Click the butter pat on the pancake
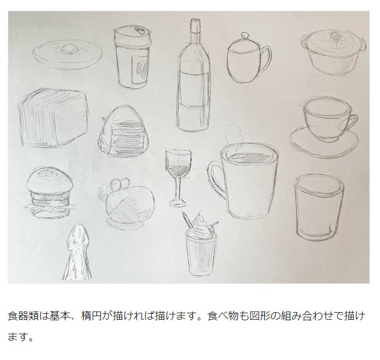(x=69, y=49)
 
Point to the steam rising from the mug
(x=234, y=135)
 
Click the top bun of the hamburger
(x=50, y=180)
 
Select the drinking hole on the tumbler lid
(x=139, y=31)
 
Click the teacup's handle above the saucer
(x=353, y=122)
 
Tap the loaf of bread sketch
(x=54, y=118)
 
